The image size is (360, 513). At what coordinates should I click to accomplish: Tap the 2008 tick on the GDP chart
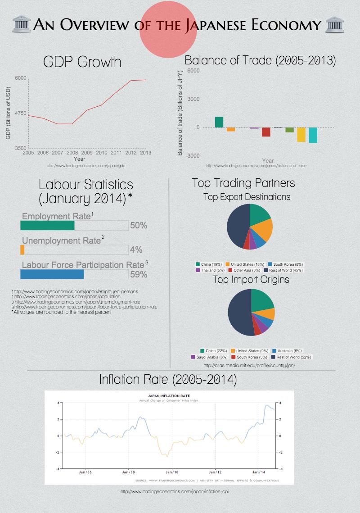click(x=72, y=153)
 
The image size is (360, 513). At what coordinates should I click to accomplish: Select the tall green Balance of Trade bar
click(x=219, y=122)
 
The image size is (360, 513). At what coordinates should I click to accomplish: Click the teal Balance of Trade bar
click(x=313, y=135)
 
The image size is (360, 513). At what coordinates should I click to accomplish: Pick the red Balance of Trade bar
click(x=266, y=132)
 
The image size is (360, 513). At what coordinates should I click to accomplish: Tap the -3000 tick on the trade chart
click(x=193, y=155)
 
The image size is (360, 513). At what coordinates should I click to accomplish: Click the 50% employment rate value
click(x=139, y=225)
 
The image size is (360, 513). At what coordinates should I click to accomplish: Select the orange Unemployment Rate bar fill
click(x=22, y=250)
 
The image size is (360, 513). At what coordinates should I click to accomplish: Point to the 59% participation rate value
click(x=139, y=274)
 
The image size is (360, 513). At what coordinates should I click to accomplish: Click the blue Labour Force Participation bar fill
click(x=52, y=274)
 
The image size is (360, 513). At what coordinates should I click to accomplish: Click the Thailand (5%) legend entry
click(x=210, y=270)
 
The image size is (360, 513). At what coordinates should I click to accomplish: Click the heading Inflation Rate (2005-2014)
click(x=168, y=380)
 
